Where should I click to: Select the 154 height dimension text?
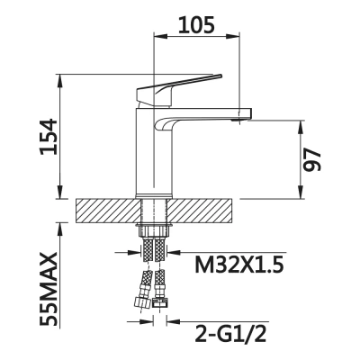49,137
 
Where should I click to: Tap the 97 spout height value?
312,159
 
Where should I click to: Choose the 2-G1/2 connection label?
230,334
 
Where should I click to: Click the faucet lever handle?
179,90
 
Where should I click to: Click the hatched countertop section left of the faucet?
108,211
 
